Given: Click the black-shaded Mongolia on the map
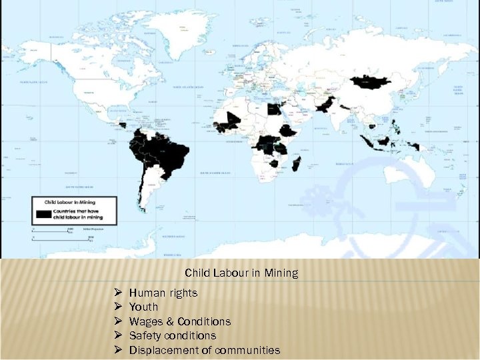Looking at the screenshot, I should point(372,82).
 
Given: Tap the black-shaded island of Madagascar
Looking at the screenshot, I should point(296,163).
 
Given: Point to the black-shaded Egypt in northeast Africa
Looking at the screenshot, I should point(273,109).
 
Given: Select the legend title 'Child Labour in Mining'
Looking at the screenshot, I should point(71,200).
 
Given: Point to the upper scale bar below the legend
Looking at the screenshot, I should point(51,230).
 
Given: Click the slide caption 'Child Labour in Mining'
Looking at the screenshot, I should point(241,273).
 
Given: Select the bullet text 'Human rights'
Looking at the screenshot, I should point(163,293).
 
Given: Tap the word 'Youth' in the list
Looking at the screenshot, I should point(143,307).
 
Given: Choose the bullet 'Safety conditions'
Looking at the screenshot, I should point(172,335).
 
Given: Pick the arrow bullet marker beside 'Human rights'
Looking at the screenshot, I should point(117,293).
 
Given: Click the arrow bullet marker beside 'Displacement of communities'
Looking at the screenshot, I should point(117,350).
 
